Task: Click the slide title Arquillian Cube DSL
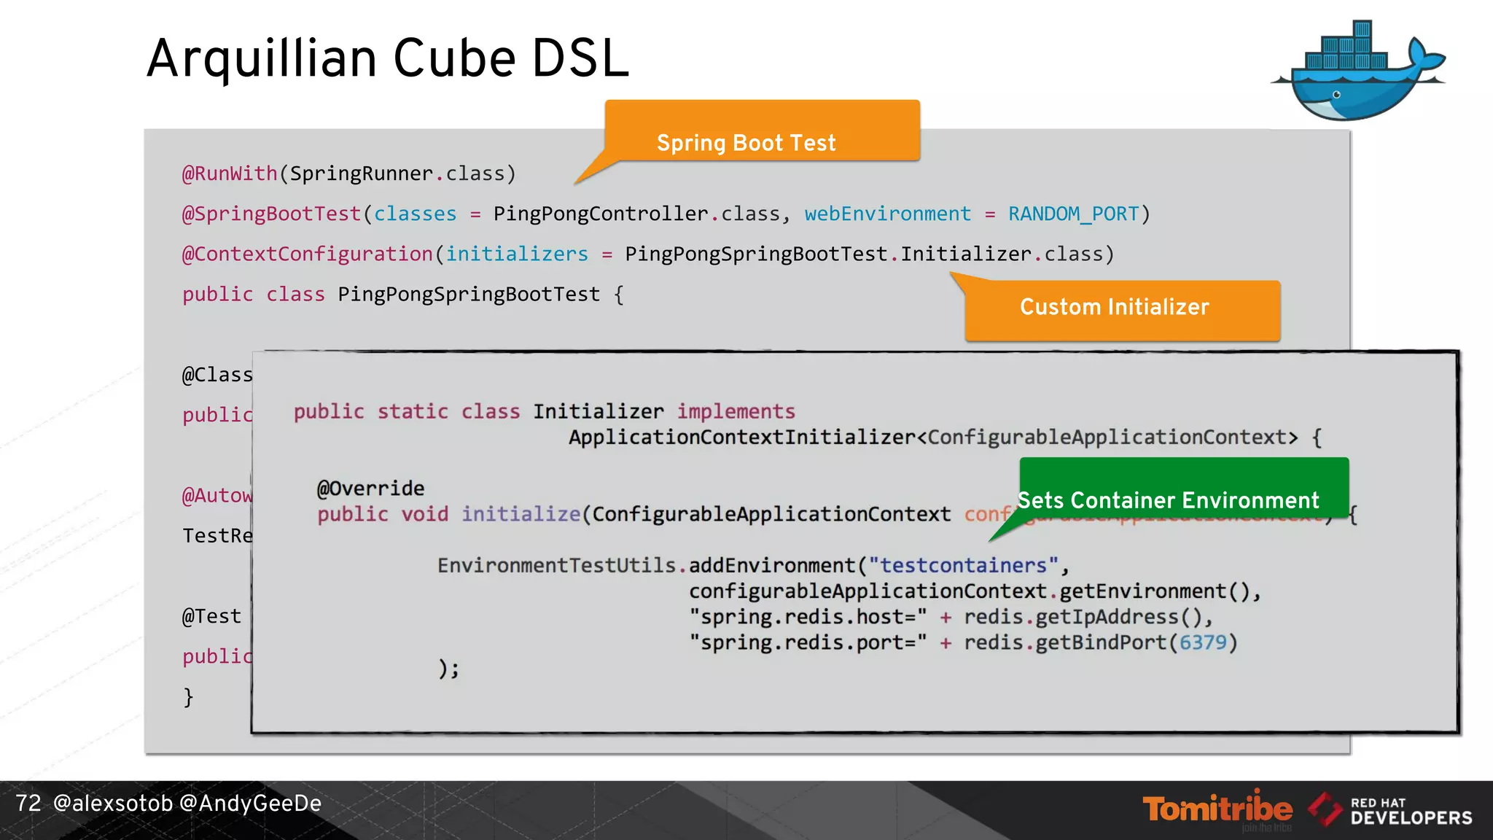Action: coord(387,58)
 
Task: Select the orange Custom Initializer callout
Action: coord(1122,309)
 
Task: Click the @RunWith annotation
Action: coord(230,174)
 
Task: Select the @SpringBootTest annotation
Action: coord(271,214)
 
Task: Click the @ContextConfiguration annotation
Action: coord(307,254)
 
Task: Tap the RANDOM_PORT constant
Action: coord(1073,214)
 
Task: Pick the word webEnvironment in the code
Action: coord(887,214)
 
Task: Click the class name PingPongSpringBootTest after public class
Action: coord(468,295)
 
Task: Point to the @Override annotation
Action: coord(370,488)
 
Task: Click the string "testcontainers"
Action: coord(963,565)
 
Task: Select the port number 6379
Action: coord(1203,642)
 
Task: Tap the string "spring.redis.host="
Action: coord(808,617)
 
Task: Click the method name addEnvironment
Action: coord(771,565)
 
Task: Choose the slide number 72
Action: coord(28,804)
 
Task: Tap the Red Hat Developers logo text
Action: coord(1410,811)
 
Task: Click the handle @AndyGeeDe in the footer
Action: coord(250,804)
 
